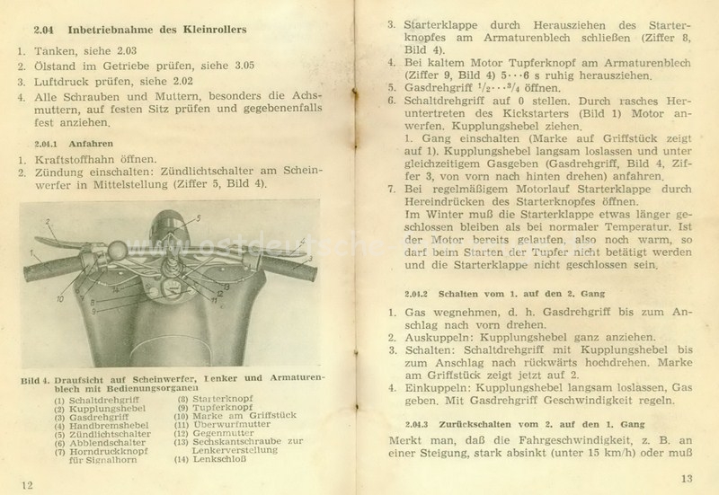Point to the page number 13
(x=688, y=479)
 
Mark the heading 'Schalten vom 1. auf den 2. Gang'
(x=493, y=293)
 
